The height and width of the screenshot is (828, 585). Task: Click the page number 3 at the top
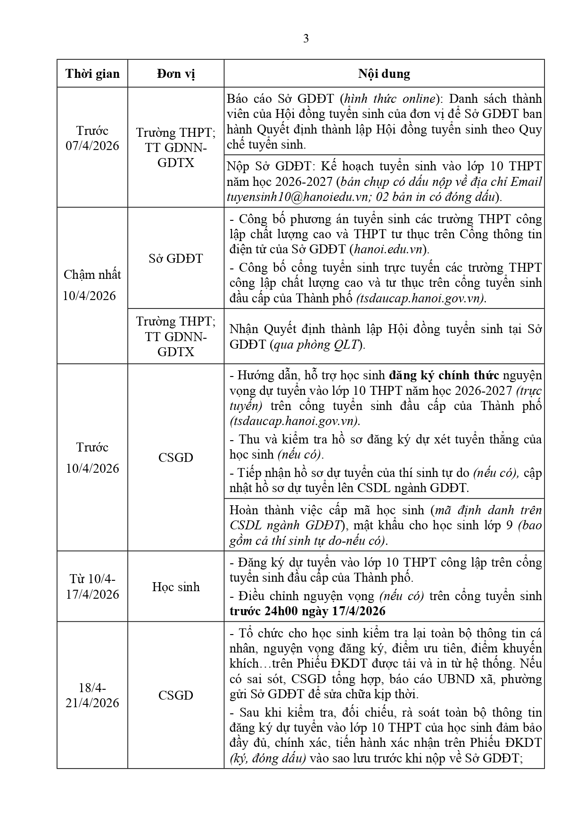click(x=305, y=39)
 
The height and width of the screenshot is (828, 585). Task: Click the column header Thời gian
click(x=92, y=74)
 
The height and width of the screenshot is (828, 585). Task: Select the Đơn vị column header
click(x=176, y=74)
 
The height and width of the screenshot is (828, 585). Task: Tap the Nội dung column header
click(x=384, y=74)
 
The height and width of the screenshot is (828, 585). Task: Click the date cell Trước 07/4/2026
click(x=92, y=138)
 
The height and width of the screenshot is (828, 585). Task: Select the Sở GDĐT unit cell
click(x=176, y=258)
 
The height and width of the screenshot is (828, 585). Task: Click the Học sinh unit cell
click(x=176, y=587)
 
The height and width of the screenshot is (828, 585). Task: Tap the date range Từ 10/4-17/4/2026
click(x=92, y=586)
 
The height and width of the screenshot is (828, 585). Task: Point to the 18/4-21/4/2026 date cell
click(x=92, y=695)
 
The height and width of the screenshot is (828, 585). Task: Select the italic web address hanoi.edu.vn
click(x=388, y=249)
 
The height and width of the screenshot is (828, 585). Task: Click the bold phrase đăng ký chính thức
click(x=444, y=376)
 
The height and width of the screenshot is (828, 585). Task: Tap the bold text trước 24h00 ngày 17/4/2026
click(x=307, y=611)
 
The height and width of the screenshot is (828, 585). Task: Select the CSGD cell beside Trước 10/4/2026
click(x=176, y=457)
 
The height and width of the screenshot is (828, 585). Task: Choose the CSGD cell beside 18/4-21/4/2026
click(x=176, y=695)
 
